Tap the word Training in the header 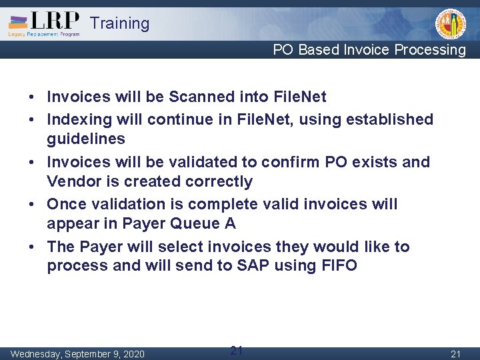tap(119, 23)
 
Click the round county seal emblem tap(450, 25)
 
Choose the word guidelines tap(86, 139)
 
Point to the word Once tap(65, 204)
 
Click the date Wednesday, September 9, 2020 tap(77, 353)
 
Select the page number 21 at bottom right tap(455, 353)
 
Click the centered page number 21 tap(236, 351)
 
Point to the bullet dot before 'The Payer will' tap(32, 247)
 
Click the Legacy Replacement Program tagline tap(44, 34)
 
